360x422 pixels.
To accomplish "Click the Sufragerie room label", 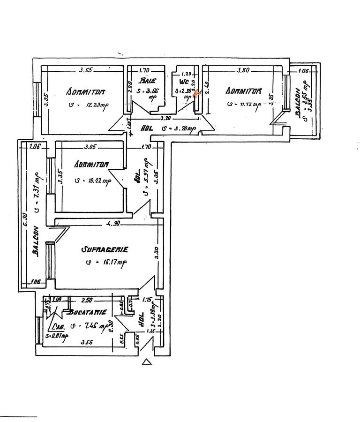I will [x=104, y=249].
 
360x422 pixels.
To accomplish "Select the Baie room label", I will [x=143, y=81].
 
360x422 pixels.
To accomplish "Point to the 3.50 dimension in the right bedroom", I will [x=243, y=71].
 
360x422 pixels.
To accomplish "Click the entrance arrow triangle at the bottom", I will [x=146, y=362].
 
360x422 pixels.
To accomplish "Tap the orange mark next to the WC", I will [x=196, y=93].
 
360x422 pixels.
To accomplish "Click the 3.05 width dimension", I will [x=90, y=147].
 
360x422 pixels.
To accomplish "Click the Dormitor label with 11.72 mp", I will [x=243, y=90].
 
